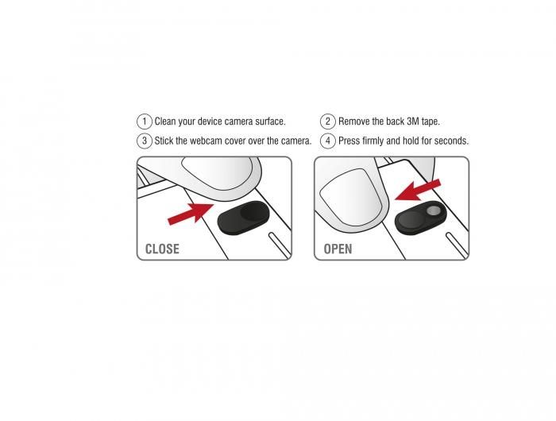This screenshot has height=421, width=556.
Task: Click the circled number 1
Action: coord(145,122)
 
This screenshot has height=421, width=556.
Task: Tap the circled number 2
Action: coord(327,122)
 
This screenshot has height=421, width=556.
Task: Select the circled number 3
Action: coord(145,141)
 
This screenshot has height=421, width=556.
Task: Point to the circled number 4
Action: coord(327,141)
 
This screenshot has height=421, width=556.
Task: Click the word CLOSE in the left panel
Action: coord(162,249)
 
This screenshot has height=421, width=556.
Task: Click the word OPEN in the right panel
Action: coord(338,249)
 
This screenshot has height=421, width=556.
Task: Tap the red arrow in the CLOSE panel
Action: coord(191,214)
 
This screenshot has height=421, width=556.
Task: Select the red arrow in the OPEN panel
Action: coord(418,190)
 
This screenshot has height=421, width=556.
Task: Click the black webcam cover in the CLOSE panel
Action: coord(243,218)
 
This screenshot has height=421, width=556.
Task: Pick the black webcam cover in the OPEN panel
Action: coord(419,218)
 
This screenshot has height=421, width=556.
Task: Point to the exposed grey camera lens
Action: coord(433,211)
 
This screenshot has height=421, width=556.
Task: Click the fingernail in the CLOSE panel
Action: coord(217,173)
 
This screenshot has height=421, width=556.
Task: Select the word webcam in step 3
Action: coord(207,141)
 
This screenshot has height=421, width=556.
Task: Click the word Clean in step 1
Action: coord(165,122)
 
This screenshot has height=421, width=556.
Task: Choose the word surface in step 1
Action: coord(271,122)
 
